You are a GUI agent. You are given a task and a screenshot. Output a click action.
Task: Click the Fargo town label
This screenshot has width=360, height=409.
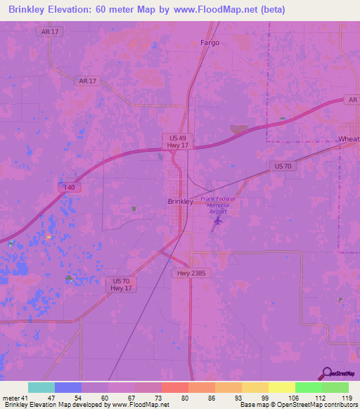210,43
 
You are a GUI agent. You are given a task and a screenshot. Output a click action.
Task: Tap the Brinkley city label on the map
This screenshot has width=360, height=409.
181,202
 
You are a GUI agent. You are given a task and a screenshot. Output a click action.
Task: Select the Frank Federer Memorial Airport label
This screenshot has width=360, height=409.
219,204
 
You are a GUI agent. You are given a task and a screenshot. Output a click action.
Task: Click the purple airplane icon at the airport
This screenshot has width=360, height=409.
217,222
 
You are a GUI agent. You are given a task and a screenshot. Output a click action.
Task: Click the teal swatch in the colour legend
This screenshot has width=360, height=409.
41,387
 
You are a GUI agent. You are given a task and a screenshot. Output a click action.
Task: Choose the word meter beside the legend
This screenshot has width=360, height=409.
10,398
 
